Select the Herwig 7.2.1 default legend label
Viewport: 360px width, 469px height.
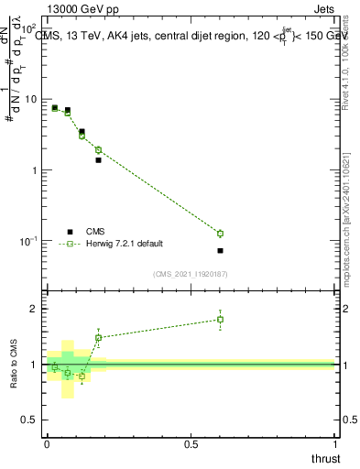pyautogui.click(x=125, y=244)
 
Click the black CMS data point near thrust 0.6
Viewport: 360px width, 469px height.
pyautogui.click(x=220, y=250)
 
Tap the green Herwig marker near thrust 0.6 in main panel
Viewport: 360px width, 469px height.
pyautogui.click(x=220, y=233)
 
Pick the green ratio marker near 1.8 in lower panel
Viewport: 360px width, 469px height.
pyautogui.click(x=220, y=319)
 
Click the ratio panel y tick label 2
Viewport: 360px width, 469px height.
pyautogui.click(x=34, y=309)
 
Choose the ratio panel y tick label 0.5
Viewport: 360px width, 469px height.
pyautogui.click(x=29, y=420)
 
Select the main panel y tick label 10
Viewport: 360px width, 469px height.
pyautogui.click(x=30, y=99)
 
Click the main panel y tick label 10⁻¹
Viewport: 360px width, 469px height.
pyautogui.click(x=29, y=241)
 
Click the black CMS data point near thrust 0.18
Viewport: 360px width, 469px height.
pyautogui.click(x=98, y=159)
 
